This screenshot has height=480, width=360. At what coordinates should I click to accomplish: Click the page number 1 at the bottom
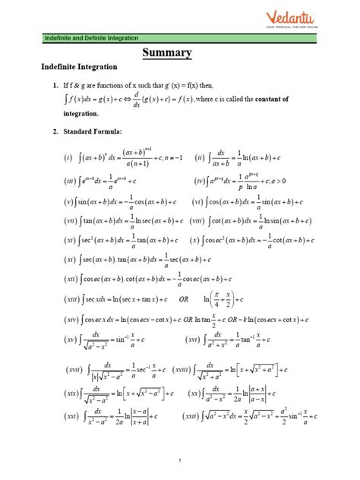coord(180,460)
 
